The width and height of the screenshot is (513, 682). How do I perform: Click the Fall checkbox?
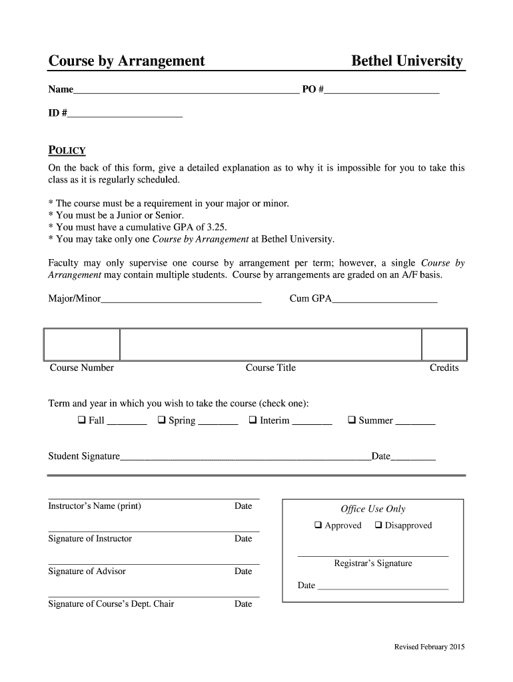tap(81, 420)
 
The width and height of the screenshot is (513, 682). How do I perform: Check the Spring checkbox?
tap(162, 420)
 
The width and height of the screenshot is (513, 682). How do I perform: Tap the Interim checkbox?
tap(253, 420)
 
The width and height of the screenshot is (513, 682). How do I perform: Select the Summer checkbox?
tap(352, 420)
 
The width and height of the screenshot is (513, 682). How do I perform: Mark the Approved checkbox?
tap(318, 525)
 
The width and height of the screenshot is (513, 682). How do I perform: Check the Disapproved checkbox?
tap(378, 525)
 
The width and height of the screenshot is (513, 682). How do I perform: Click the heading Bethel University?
tap(406, 61)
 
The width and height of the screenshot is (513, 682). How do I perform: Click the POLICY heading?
tap(67, 151)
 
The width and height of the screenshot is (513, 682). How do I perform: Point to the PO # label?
tap(312, 89)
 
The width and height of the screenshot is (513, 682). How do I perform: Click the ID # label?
tap(57, 113)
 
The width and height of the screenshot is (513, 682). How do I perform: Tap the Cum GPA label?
tap(310, 299)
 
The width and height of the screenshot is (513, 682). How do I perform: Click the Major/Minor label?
tap(75, 299)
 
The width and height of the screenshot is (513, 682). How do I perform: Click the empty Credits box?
tap(444, 344)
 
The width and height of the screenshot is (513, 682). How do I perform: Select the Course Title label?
tap(270, 368)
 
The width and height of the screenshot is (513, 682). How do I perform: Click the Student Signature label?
tap(84, 456)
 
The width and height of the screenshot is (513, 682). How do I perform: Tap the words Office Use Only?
tap(373, 509)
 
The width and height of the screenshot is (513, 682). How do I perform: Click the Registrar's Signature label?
tap(373, 563)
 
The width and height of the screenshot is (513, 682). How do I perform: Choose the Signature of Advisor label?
tap(87, 571)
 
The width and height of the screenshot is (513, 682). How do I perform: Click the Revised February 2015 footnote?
tap(429, 647)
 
